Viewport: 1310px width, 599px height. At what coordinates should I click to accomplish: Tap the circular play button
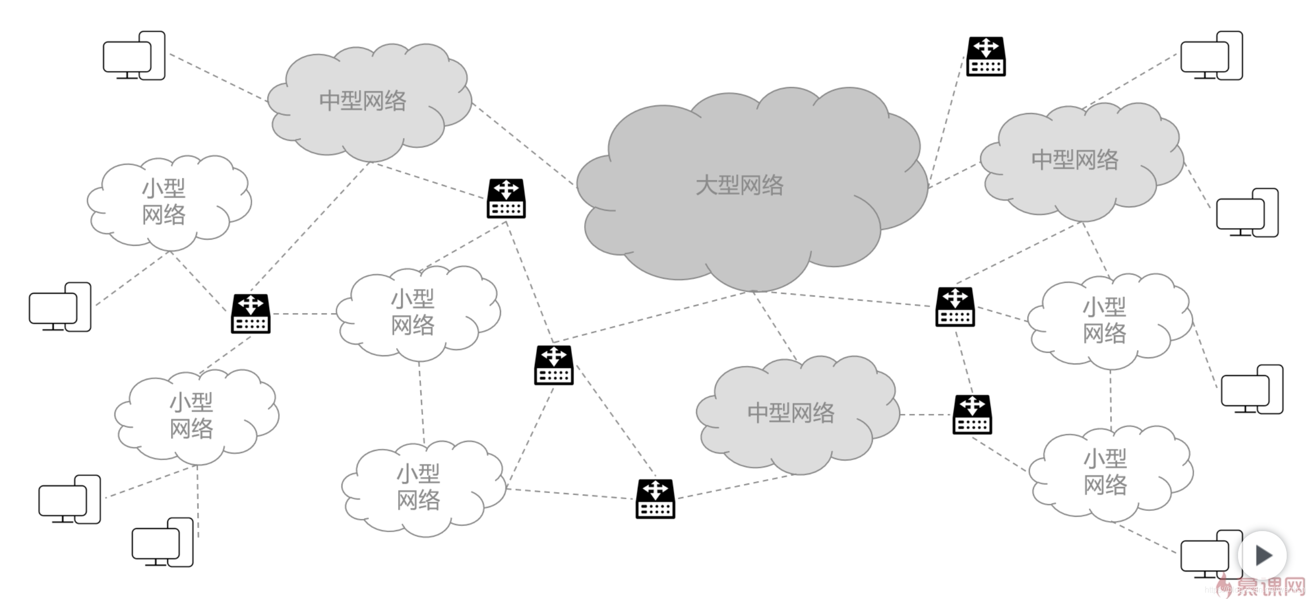[x=1263, y=555]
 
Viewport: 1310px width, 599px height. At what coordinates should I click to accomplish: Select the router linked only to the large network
[x=986, y=56]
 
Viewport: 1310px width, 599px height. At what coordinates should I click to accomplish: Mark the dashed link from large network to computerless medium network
[x=775, y=326]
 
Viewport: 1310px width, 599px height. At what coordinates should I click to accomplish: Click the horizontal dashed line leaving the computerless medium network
[x=926, y=415]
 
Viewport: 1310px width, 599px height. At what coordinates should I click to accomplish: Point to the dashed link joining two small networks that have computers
[x=1110, y=399]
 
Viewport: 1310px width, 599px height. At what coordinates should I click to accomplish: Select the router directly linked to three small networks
[x=250, y=314]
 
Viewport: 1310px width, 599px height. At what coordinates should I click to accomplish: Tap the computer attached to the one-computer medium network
[x=134, y=55]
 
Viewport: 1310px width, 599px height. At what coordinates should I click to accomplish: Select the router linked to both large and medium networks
[x=955, y=307]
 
